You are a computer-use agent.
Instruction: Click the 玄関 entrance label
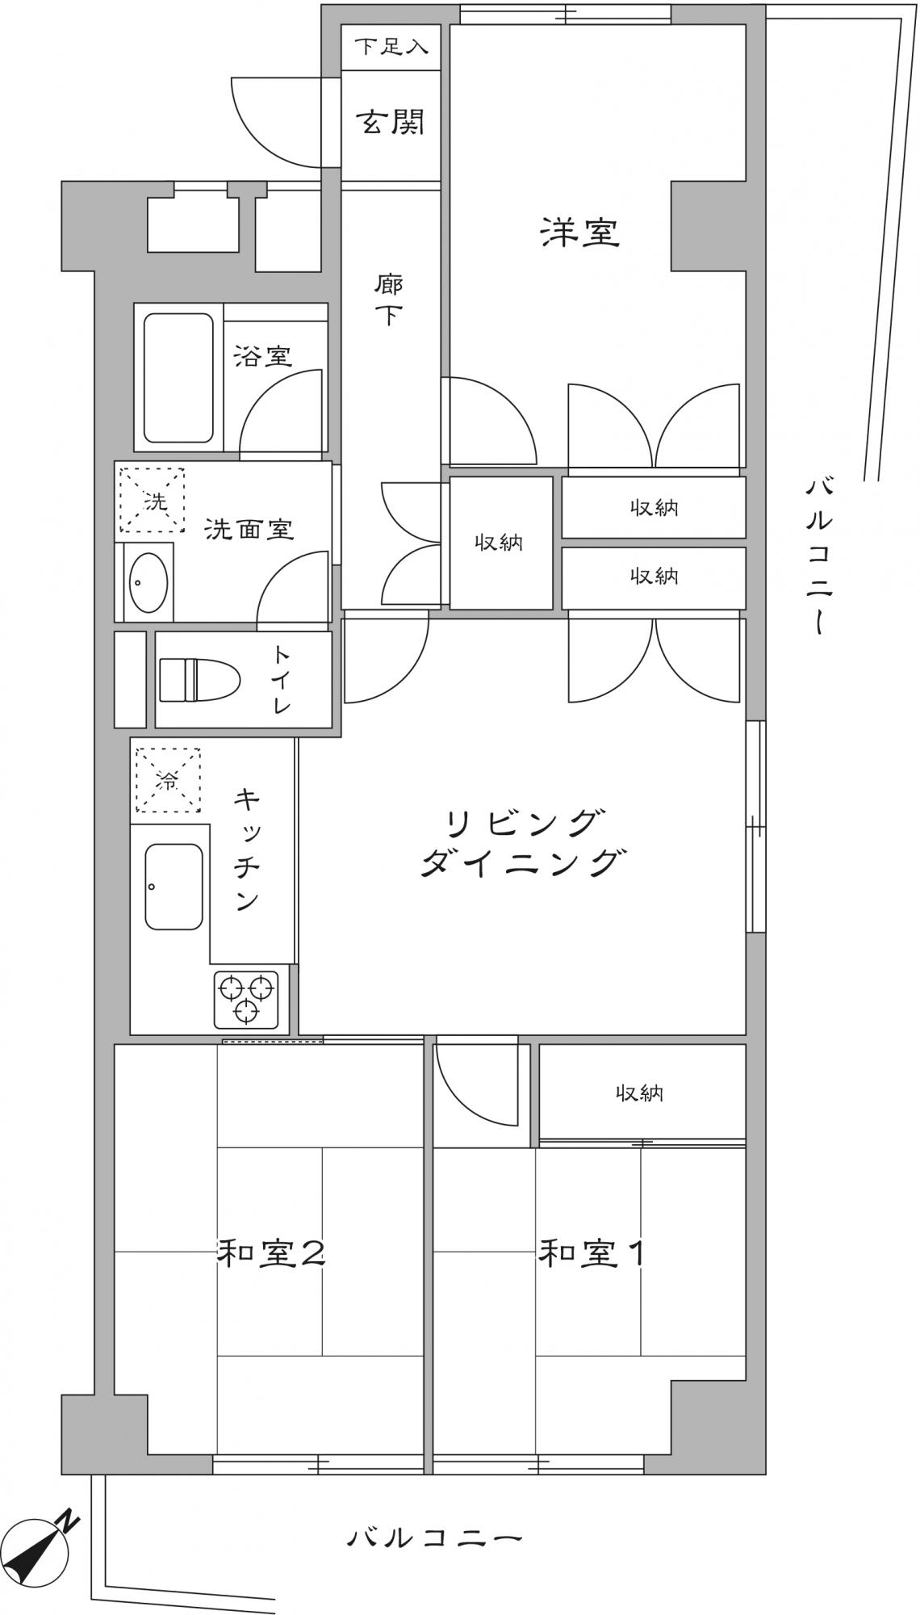pyautogui.click(x=391, y=123)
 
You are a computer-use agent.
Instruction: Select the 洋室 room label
pyautogui.click(x=580, y=233)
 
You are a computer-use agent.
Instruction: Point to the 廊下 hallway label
pyautogui.click(x=389, y=300)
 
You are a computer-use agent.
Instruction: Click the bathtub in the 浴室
pyautogui.click(x=178, y=378)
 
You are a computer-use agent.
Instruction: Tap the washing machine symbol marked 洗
pyautogui.click(x=153, y=500)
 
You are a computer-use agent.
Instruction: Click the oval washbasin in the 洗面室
pyautogui.click(x=148, y=582)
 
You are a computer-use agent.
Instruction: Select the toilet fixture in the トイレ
pyautogui.click(x=199, y=679)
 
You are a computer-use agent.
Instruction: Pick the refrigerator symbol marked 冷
pyautogui.click(x=168, y=780)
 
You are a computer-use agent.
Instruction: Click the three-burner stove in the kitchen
pyautogui.click(x=246, y=998)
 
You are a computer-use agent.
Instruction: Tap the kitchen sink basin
pyautogui.click(x=174, y=887)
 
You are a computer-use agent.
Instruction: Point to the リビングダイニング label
pyautogui.click(x=522, y=845)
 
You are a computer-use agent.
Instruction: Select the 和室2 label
pyautogui.click(x=272, y=1253)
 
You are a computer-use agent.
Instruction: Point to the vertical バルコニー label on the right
pyautogui.click(x=820, y=556)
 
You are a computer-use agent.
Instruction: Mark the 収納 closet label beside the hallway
pyautogui.click(x=499, y=543)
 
